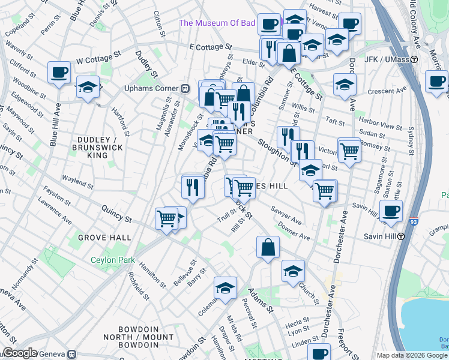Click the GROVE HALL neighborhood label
108,238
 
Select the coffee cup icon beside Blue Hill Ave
59,73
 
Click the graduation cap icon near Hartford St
88,87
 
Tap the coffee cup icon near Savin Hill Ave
391,211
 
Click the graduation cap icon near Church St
293,271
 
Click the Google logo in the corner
20,353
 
